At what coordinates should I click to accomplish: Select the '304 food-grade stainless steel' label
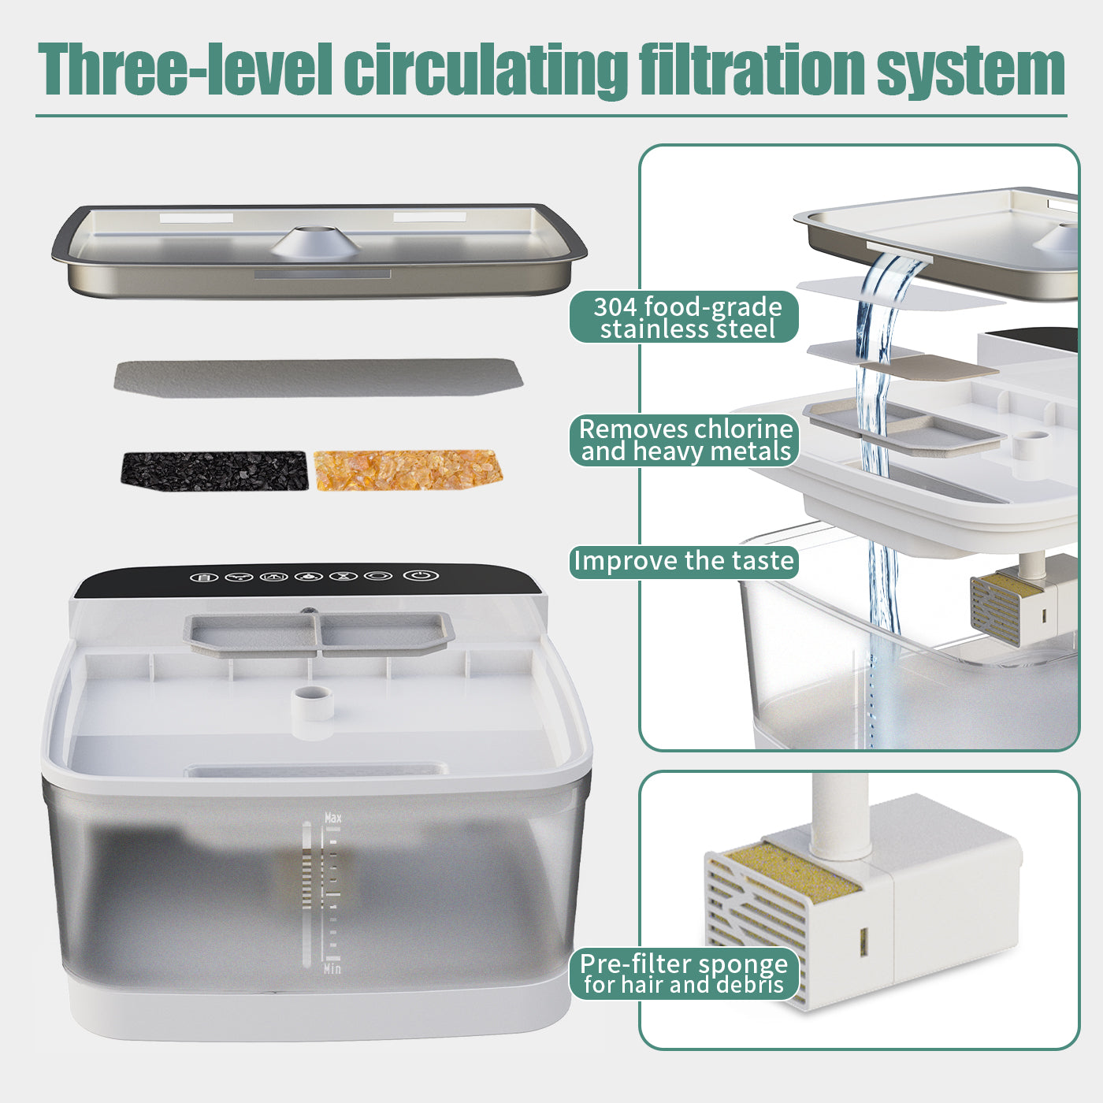[x=684, y=318]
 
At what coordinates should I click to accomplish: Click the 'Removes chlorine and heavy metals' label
[x=684, y=440]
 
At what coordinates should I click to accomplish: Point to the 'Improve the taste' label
[x=684, y=562]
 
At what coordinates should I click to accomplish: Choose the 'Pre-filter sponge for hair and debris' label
[x=684, y=974]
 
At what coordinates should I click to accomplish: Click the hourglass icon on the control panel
[x=344, y=576]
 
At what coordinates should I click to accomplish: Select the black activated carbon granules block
[x=214, y=470]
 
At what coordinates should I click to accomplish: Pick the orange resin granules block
[x=408, y=470]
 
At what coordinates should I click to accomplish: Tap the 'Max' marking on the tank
[x=333, y=819]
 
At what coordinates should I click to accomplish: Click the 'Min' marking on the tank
[x=332, y=968]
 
